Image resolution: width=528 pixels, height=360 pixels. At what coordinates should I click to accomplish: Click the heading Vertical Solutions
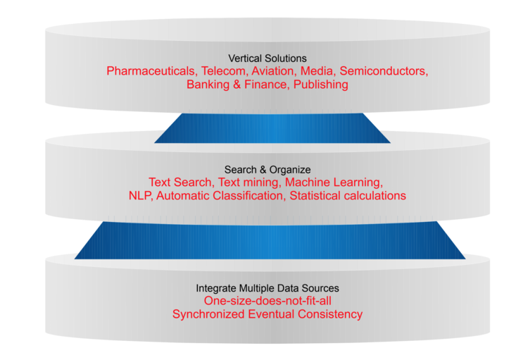pyautogui.click(x=268, y=58)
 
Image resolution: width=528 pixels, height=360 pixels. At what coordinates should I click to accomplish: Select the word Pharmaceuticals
pyautogui.click(x=151, y=71)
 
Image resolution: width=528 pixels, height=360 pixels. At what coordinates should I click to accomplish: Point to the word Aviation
pyautogui.click(x=272, y=71)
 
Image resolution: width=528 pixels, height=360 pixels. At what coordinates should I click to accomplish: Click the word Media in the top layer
pyautogui.click(x=317, y=71)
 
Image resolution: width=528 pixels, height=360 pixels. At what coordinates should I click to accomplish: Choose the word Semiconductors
pyautogui.click(x=383, y=71)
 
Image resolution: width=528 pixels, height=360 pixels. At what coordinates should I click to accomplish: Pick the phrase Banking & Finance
pyautogui.click(x=237, y=85)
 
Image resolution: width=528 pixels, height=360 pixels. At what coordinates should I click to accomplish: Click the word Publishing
pyautogui.click(x=320, y=85)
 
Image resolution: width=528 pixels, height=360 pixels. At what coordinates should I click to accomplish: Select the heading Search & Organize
pyautogui.click(x=268, y=170)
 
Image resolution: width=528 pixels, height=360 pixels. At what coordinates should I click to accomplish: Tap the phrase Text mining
pyautogui.click(x=249, y=182)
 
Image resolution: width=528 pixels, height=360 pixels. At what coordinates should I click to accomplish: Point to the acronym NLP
pyautogui.click(x=140, y=196)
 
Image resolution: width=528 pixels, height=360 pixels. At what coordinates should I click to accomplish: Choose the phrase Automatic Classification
pyautogui.click(x=219, y=196)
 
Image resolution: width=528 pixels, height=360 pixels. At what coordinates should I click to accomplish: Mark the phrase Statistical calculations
pyautogui.click(x=348, y=196)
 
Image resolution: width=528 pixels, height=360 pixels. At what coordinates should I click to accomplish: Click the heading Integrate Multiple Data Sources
pyautogui.click(x=268, y=288)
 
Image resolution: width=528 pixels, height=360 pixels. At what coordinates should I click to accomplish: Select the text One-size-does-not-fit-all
pyautogui.click(x=268, y=301)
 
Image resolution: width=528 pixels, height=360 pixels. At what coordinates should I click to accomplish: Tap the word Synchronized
pyautogui.click(x=208, y=314)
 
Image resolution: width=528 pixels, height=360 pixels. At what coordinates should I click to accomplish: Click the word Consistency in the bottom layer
pyautogui.click(x=330, y=314)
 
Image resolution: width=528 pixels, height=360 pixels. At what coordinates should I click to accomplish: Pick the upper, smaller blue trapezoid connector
pyautogui.click(x=272, y=128)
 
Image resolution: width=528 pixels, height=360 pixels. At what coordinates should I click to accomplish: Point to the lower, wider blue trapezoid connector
pyautogui.click(x=270, y=240)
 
